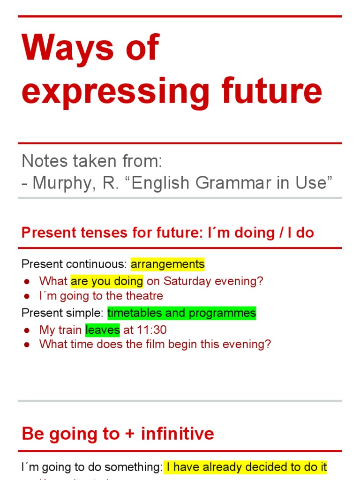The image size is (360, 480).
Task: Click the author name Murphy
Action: point(63,183)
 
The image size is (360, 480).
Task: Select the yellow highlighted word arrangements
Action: point(167,264)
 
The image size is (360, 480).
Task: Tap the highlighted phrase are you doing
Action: point(107,281)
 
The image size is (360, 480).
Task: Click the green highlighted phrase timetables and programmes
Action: point(181,313)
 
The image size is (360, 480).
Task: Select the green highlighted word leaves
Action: point(103,330)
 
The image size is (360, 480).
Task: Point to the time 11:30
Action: point(151,330)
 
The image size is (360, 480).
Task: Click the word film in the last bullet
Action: point(190,344)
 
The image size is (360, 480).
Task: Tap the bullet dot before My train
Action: point(27,330)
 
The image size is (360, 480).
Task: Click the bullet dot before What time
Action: point(27,345)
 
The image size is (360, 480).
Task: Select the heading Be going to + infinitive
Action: point(118,434)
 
